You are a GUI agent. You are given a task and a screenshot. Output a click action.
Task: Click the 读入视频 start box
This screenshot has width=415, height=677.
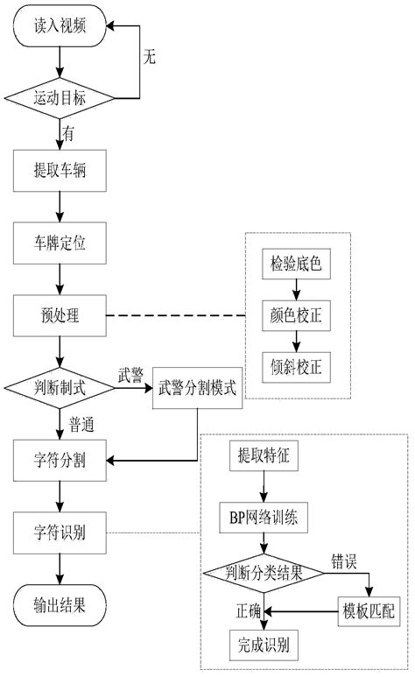60,26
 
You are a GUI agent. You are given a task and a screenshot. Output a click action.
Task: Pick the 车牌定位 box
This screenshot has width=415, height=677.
60,240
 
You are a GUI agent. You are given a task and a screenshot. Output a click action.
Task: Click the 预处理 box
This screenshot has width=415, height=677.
60,314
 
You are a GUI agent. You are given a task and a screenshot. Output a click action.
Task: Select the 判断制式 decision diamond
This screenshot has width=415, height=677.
60,386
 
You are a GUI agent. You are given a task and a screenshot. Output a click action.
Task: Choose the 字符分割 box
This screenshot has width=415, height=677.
60,457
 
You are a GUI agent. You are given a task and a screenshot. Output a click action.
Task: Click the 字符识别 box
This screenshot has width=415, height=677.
60,530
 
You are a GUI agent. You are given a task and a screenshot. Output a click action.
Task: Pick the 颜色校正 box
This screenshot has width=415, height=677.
297,313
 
